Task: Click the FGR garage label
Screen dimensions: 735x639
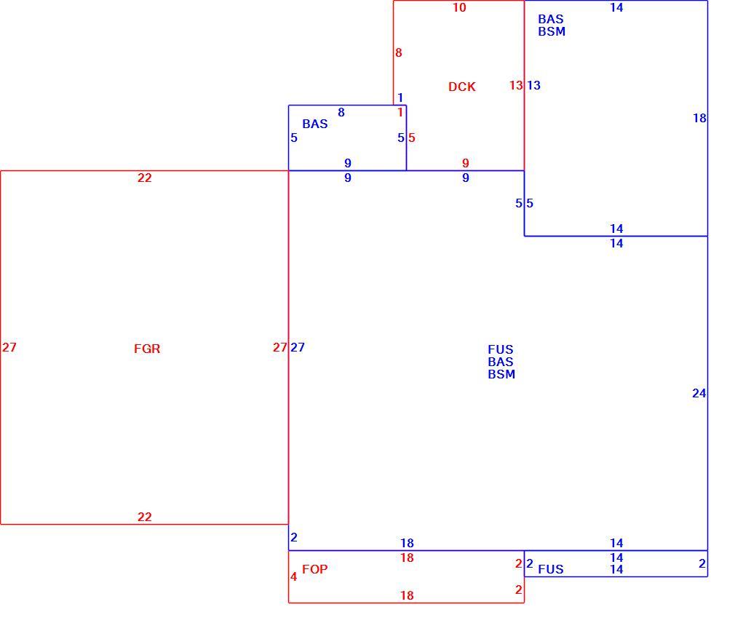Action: (147, 349)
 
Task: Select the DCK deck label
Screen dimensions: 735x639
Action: (461, 87)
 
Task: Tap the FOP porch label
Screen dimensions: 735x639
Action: (314, 569)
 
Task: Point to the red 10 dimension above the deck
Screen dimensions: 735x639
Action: (459, 7)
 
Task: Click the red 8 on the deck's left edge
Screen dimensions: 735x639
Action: (399, 52)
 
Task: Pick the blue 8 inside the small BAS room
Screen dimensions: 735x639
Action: (341, 113)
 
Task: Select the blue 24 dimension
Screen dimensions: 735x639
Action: (699, 393)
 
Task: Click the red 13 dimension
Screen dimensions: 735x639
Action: (516, 85)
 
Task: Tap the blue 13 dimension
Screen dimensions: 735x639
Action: (533, 85)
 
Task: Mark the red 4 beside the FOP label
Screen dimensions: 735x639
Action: (293, 576)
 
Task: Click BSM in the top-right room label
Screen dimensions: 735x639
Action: (552, 31)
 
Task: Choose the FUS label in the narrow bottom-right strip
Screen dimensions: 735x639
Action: (551, 569)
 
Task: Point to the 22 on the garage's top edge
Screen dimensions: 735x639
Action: (144, 178)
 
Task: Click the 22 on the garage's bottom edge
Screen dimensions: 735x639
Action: (144, 517)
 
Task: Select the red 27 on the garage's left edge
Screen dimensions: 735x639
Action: (9, 347)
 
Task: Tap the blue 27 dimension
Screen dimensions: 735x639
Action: (298, 347)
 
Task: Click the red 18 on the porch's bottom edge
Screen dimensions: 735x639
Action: (407, 595)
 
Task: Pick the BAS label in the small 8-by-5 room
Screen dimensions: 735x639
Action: (315, 124)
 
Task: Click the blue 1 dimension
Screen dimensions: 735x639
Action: (400, 98)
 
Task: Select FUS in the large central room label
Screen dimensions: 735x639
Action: (501, 350)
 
